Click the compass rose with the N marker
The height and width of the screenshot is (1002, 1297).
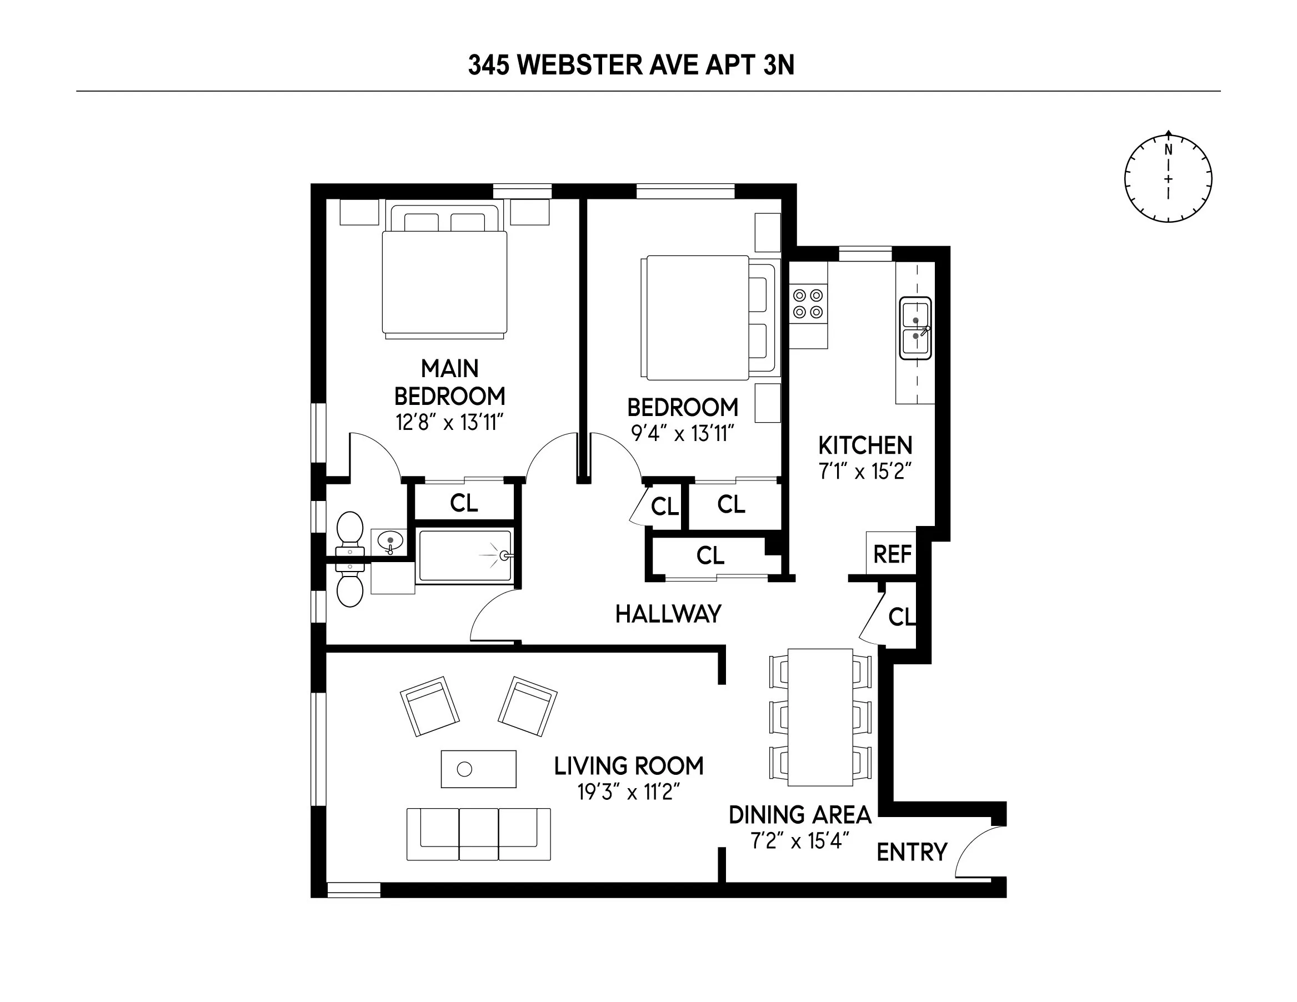tap(1168, 179)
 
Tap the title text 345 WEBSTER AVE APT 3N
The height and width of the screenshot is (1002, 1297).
tap(630, 66)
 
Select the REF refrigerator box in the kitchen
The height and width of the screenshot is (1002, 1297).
tap(892, 554)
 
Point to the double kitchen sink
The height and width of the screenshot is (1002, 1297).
tap(915, 328)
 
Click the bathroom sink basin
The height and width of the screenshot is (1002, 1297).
tap(390, 541)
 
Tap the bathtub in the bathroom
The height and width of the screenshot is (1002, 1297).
tap(464, 556)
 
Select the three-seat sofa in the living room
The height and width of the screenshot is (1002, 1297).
tap(479, 833)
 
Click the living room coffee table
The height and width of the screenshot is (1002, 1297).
tap(479, 769)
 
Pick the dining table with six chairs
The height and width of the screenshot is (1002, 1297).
tap(820, 717)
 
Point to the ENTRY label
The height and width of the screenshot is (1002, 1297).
tap(912, 853)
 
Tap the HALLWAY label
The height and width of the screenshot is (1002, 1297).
tap(668, 614)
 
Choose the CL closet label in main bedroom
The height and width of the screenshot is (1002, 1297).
tap(464, 503)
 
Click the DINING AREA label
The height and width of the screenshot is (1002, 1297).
tap(799, 815)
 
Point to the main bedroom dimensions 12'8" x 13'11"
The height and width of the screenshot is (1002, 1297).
tap(449, 422)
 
